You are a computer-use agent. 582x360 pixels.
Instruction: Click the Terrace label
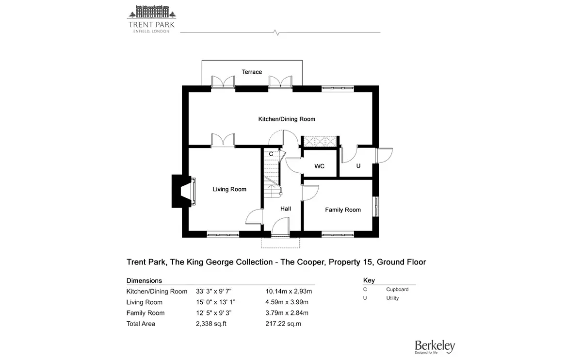[252, 72]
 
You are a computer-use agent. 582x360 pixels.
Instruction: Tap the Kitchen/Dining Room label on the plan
[287, 119]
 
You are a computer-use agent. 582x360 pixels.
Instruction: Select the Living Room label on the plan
[229, 189]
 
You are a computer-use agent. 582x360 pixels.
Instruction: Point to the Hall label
[286, 209]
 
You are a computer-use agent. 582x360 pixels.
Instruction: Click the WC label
[319, 166]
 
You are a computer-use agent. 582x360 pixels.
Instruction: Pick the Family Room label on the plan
[343, 210]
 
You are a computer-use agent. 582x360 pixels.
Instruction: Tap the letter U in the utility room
[358, 166]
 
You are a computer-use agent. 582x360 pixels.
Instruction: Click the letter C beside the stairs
[271, 154]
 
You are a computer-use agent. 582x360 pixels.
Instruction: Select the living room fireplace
[184, 191]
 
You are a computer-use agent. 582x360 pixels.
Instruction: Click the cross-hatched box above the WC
[320, 141]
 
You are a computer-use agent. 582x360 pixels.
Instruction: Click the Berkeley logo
[435, 347]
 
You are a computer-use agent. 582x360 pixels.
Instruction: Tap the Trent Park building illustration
[151, 12]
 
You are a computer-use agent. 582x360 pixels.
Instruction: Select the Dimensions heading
[144, 281]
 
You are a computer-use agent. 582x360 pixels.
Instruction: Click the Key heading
[369, 280]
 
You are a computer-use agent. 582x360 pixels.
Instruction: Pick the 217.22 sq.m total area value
[283, 324]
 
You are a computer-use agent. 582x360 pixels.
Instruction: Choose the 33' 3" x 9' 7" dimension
[213, 292]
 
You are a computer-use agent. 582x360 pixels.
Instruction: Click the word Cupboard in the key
[397, 290]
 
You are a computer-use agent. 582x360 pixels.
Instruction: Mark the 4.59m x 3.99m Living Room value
[287, 302]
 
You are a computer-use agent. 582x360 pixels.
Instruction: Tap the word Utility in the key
[392, 298]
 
